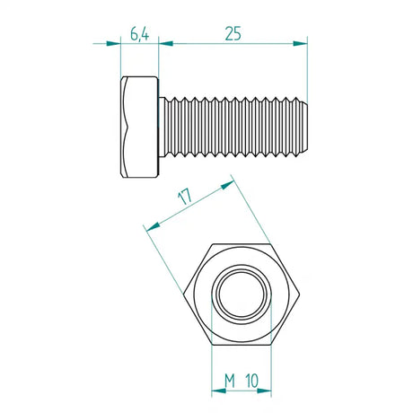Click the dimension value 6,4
(139, 34)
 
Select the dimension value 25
(233, 34)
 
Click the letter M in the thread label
(229, 381)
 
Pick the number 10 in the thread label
(254, 381)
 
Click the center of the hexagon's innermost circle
(241, 296)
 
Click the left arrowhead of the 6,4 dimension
(114, 42)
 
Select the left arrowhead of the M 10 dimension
(216, 391)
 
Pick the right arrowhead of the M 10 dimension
(265, 391)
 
